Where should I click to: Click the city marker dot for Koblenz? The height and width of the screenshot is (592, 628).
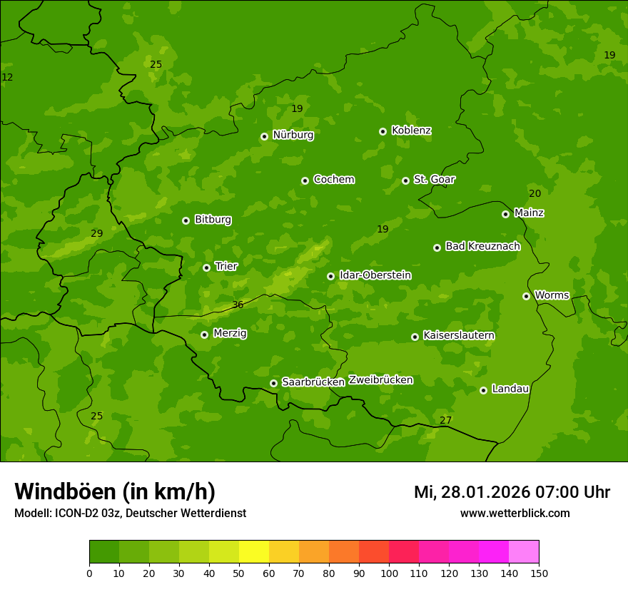[383, 131]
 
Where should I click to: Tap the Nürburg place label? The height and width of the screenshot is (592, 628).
[293, 135]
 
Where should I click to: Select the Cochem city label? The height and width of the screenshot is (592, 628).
[333, 180]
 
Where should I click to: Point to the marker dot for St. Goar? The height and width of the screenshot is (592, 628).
[405, 180]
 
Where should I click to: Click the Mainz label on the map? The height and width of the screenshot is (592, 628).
[529, 213]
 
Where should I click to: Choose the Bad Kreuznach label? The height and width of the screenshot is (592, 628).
[482, 246]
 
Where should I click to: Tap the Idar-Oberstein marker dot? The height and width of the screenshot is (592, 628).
[330, 276]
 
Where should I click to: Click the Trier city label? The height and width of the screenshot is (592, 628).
[226, 266]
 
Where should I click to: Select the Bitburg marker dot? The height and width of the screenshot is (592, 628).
[186, 220]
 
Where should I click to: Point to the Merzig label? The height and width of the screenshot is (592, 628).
[230, 333]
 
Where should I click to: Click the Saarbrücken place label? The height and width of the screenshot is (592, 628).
[313, 382]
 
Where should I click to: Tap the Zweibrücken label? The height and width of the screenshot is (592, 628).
[380, 380]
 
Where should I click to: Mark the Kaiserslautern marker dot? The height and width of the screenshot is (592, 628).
[415, 337]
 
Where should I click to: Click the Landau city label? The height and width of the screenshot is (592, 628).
[510, 389]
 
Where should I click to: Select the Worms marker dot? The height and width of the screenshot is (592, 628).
[526, 296]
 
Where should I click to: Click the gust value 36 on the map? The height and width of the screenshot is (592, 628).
[238, 305]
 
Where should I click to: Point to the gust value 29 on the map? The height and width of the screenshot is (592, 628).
[97, 233]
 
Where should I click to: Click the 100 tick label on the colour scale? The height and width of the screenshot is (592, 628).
[389, 573]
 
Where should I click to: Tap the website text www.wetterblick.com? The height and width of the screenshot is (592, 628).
[515, 513]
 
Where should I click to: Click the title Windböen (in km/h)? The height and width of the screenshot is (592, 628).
[115, 491]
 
